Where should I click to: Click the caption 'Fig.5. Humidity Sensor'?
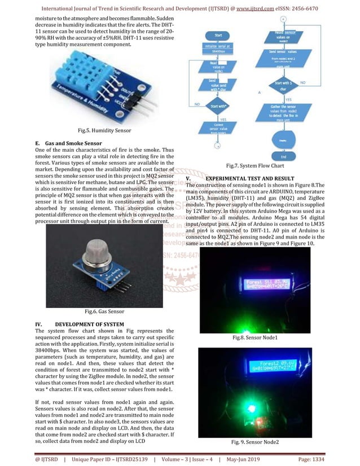[104, 130]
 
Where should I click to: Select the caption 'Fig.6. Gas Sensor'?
[104, 311]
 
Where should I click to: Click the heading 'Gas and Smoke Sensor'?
[73, 143]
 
